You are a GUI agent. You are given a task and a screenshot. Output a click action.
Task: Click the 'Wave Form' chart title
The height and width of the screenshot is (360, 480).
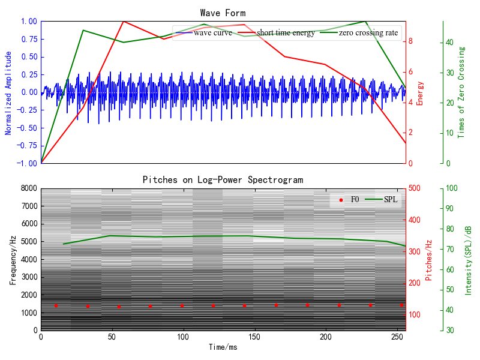(223, 13)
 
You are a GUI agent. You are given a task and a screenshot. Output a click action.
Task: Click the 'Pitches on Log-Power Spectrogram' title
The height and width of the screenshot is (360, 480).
(223, 179)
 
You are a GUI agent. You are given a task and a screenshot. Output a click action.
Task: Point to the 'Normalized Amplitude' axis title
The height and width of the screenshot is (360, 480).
(8, 92)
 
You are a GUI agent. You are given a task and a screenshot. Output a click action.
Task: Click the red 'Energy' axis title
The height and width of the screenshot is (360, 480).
(420, 92)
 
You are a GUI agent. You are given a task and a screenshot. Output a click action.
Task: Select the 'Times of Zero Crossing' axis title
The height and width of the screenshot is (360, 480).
(461, 92)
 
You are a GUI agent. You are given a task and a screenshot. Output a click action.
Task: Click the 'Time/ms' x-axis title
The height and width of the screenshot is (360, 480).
(223, 347)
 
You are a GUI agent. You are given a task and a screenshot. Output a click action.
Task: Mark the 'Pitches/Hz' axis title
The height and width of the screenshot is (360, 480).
(428, 259)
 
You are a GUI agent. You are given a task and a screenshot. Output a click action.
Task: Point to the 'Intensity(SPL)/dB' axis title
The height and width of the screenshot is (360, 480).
(468, 259)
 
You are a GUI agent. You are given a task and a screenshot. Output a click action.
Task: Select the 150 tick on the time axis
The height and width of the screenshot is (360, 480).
(254, 337)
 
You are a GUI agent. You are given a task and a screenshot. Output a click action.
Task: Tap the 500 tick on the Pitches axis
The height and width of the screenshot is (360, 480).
(416, 188)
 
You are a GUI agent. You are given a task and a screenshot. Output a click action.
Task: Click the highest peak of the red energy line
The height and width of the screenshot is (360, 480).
(124, 21)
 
